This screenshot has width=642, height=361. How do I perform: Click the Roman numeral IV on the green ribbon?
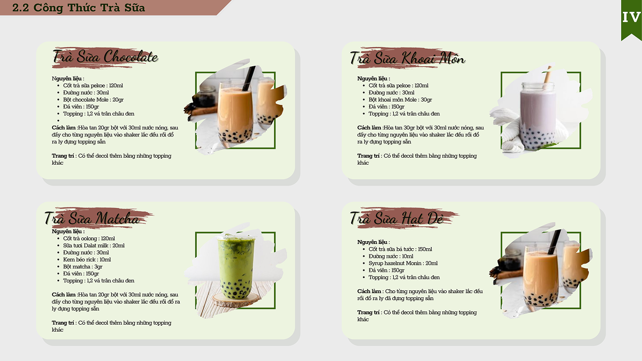point(631,18)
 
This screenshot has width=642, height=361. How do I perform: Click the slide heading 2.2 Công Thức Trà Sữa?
point(79,7)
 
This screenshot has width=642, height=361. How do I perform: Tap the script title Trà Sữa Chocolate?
point(105,57)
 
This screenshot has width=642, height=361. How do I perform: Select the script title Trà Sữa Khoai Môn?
point(407,58)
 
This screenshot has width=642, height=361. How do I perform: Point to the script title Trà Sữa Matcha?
point(92,218)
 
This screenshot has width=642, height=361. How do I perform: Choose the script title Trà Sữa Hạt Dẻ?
point(396,218)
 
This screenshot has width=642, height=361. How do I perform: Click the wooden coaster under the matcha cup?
point(236,300)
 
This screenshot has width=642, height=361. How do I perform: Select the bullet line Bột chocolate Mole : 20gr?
point(94,99)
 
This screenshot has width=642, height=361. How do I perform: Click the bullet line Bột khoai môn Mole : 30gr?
point(400,99)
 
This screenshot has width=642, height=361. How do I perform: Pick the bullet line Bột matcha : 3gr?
point(83,267)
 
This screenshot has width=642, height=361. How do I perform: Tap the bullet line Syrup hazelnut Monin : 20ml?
point(403,263)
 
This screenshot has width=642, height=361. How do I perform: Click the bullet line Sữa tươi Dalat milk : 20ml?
point(94,245)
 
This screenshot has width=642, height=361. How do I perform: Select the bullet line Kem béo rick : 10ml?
point(87,259)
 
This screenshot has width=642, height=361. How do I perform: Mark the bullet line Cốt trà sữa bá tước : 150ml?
point(400,249)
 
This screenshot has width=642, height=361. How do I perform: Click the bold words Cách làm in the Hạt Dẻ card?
point(369,291)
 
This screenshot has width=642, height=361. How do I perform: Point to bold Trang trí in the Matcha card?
point(63,323)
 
